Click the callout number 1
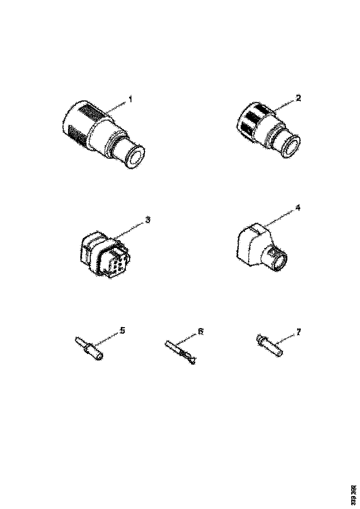pos(131,99)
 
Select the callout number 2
pos(298,98)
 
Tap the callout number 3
pos(148,220)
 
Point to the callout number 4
pos(298,208)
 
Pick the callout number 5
pos(122,330)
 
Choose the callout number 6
pos(200,331)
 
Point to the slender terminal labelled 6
pos(181,352)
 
